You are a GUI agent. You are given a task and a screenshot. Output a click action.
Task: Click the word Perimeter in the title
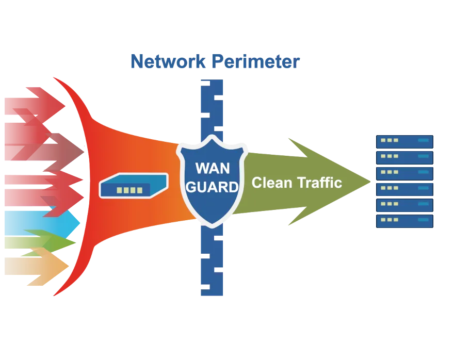point(255,62)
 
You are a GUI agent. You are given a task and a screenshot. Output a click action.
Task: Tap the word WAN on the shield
point(212,169)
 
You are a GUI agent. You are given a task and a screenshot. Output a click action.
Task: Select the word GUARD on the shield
point(212,187)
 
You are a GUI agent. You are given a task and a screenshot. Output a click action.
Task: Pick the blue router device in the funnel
point(134,186)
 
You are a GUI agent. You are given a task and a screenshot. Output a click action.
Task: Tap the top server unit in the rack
point(404,141)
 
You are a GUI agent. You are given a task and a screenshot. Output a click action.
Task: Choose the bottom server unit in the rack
point(404,221)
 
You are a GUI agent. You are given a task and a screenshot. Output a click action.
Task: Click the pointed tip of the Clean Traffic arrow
point(367,181)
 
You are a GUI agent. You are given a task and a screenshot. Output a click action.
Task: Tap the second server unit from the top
point(404,157)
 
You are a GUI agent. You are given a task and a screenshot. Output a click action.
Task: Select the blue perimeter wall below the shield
point(212,263)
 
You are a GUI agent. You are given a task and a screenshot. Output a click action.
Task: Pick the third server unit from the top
point(404,173)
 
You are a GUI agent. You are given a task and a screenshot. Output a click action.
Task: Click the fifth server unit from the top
point(404,205)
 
